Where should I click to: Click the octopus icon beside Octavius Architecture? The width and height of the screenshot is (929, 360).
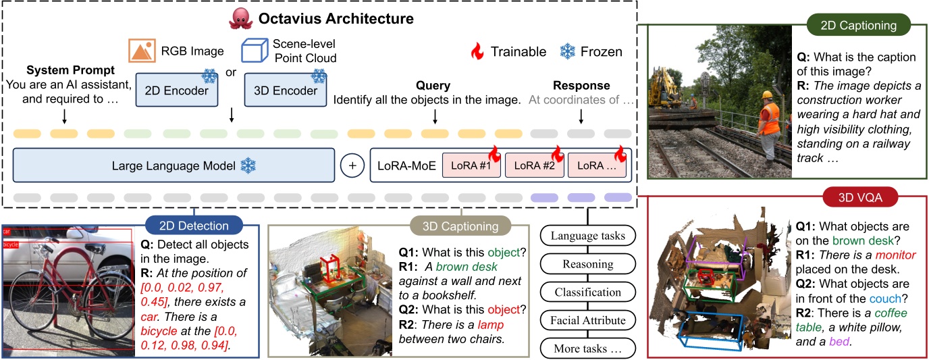click(x=240, y=18)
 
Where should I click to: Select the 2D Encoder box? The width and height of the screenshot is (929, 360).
click(x=177, y=91)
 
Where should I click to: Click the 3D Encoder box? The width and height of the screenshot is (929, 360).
click(x=285, y=91)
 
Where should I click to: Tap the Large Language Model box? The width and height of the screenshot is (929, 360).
click(x=174, y=165)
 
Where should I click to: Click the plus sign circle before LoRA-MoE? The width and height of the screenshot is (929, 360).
click(x=352, y=165)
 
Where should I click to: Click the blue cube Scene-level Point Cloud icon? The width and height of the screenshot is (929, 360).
click(x=256, y=53)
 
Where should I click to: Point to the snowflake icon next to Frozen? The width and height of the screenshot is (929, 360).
click(x=568, y=52)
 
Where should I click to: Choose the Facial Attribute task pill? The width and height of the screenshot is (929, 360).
click(x=587, y=321)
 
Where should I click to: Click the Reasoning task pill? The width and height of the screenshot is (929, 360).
click(x=587, y=264)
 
